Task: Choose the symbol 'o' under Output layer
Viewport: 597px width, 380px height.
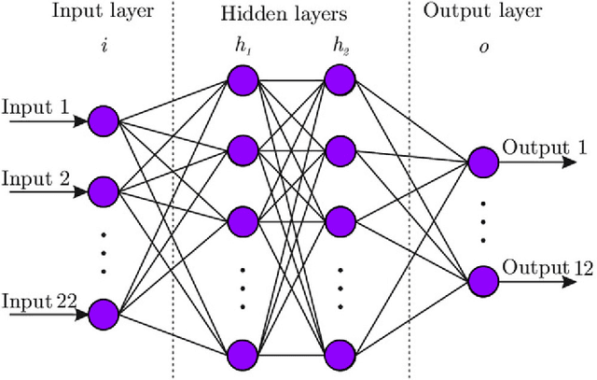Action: (x=484, y=44)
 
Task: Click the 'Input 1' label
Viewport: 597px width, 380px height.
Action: (x=35, y=106)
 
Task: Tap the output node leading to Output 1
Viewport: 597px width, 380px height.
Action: (x=484, y=162)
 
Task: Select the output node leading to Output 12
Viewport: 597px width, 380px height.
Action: (x=484, y=281)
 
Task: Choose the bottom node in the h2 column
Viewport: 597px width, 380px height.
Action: (x=339, y=354)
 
